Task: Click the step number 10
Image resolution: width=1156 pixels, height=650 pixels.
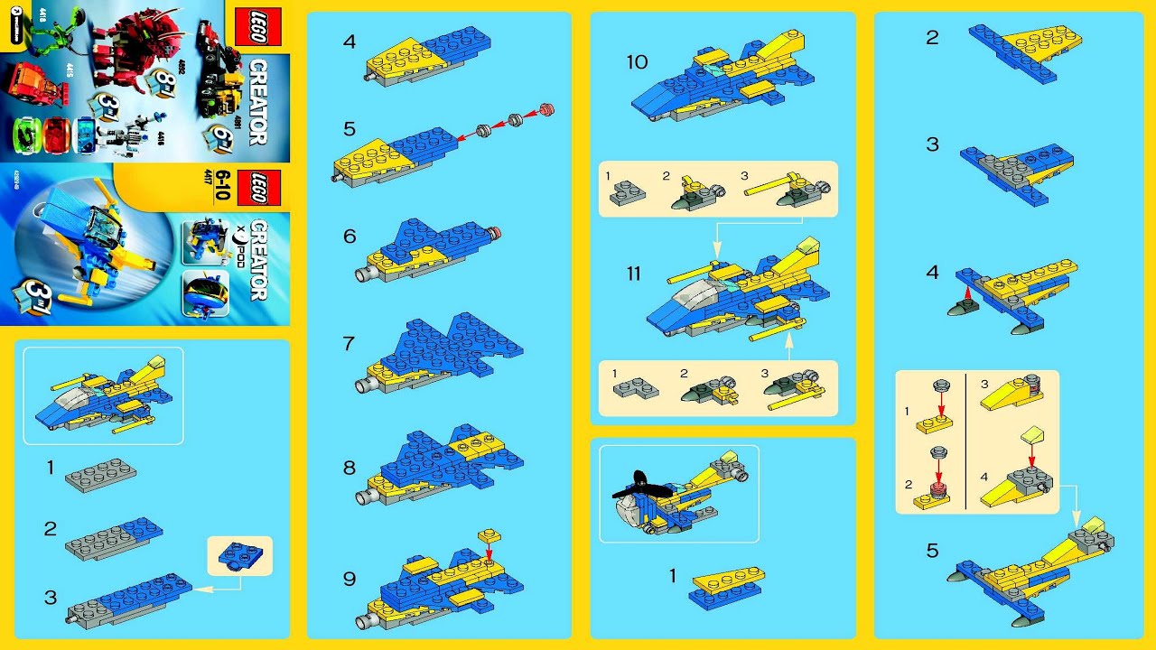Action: click(637, 62)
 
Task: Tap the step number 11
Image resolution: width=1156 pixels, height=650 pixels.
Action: click(637, 273)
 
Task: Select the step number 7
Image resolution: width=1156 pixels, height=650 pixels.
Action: click(350, 344)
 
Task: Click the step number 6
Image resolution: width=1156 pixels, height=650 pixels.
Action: click(350, 237)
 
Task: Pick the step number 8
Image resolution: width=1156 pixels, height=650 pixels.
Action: click(350, 469)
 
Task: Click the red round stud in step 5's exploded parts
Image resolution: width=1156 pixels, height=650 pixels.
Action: click(545, 110)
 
